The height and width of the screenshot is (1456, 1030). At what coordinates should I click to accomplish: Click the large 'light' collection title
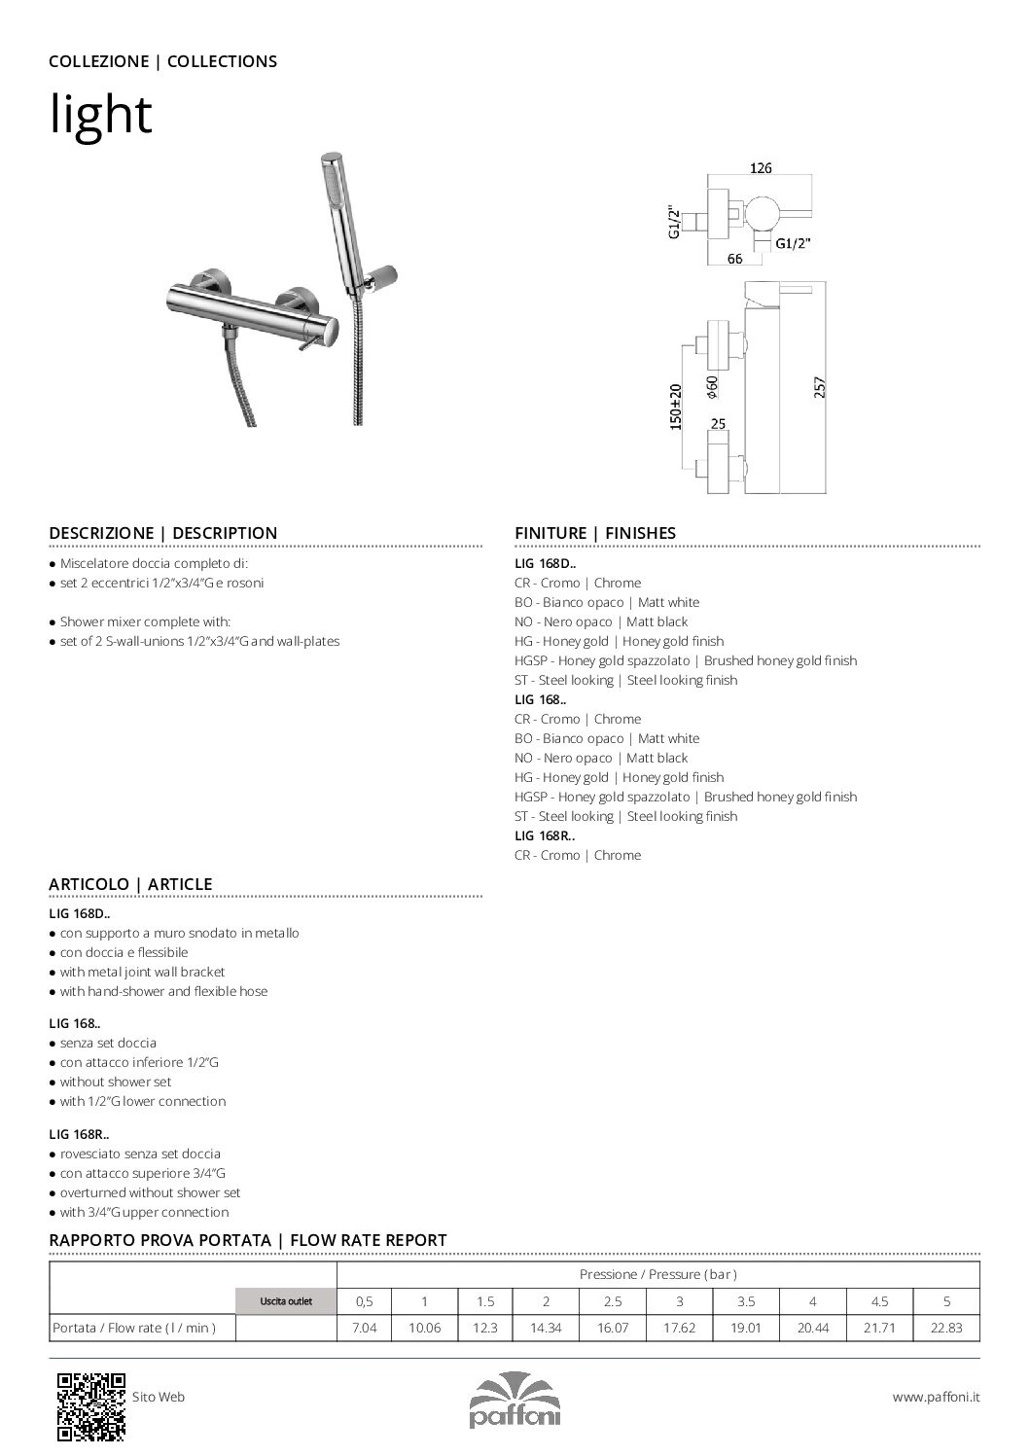coord(101,115)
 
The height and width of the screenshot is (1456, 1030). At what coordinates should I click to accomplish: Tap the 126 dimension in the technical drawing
coord(761,168)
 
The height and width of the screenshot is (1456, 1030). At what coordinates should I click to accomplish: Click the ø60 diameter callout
coord(712,386)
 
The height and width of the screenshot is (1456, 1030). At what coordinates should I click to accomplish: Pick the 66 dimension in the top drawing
coord(734,259)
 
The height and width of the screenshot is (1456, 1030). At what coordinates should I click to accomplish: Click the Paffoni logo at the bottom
coord(515,1401)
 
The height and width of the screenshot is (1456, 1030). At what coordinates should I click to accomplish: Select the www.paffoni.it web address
coord(936,1397)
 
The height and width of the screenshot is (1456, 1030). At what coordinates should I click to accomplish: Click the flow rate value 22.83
coord(945,1327)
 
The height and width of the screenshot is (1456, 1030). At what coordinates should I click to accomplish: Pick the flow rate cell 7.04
coord(363,1327)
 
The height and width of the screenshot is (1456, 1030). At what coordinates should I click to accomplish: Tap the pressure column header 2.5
coord(612,1301)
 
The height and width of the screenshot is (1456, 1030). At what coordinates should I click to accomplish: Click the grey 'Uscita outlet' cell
coord(286,1301)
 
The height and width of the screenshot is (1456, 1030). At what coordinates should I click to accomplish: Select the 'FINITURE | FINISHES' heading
coord(594,533)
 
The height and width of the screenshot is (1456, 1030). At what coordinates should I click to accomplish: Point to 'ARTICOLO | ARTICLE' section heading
coord(130,884)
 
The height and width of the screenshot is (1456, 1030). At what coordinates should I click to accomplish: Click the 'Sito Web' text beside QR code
coord(159,1397)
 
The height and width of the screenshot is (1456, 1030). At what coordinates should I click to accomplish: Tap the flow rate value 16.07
coord(612,1327)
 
